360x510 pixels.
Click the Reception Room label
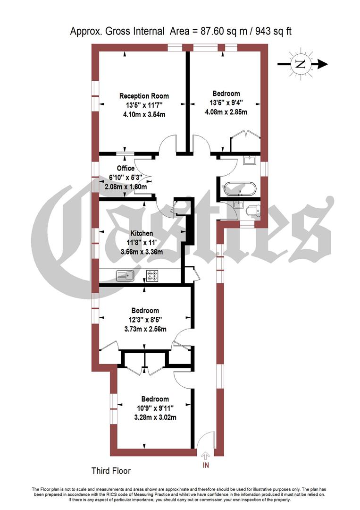coord(143,96)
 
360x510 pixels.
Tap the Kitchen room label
coord(142,233)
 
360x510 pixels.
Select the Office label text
coord(126,168)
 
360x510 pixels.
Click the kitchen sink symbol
coord(126,275)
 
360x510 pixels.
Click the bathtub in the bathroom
coord(241,188)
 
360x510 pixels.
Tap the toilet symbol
coord(253,210)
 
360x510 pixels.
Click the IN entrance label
coord(206,466)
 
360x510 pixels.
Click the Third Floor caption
coord(111,471)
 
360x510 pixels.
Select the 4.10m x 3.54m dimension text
coord(143,114)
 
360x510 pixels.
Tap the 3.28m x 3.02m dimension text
coord(150,417)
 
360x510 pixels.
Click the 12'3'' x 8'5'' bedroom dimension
coord(145,320)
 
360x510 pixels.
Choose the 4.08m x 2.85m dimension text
coord(226,112)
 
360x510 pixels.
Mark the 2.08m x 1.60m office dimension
coord(126,187)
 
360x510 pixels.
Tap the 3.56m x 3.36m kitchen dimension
coord(142,252)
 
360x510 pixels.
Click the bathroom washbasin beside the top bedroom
coord(250,161)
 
